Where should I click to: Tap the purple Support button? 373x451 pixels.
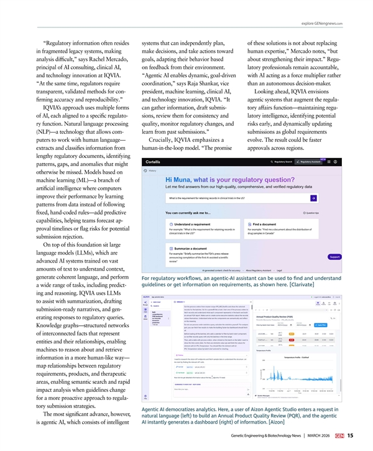point(334,274)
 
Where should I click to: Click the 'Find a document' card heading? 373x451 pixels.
point(265,224)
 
